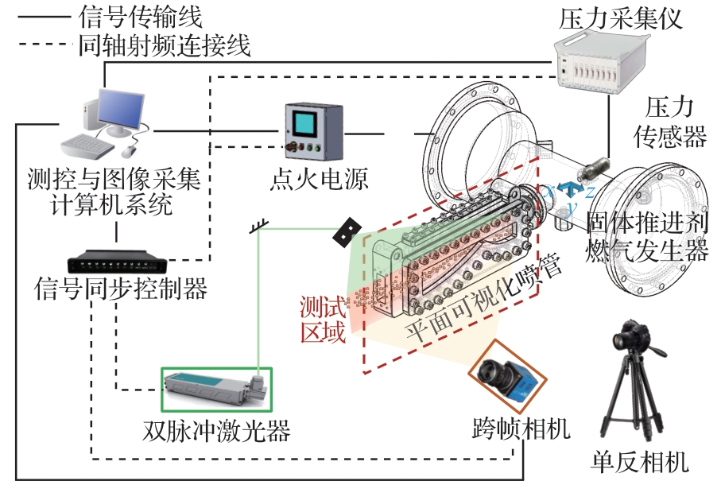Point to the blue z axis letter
pos(590,191)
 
